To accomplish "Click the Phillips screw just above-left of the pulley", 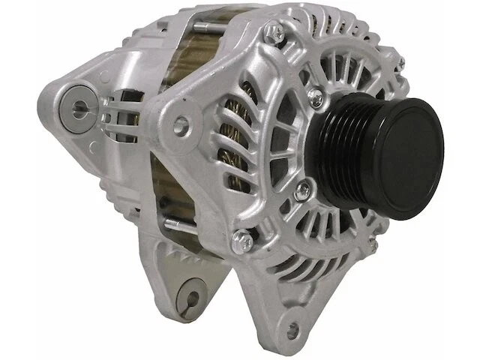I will [314, 95].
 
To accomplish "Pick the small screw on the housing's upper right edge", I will [400, 64].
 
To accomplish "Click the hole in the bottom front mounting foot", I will [292, 328].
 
